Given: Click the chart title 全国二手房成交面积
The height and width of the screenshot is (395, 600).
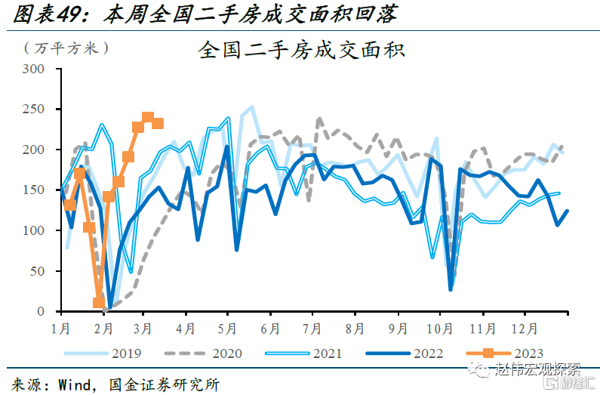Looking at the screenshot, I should click(x=302, y=51).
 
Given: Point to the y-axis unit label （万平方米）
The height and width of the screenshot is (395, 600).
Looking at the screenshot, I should click(x=67, y=48).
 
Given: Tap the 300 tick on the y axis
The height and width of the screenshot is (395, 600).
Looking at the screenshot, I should click(x=36, y=69).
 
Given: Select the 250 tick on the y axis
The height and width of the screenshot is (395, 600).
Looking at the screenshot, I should click(x=36, y=110).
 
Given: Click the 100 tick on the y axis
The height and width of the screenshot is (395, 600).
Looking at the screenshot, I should click(x=36, y=230).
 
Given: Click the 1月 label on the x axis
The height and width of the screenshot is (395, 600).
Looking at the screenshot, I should click(x=62, y=329).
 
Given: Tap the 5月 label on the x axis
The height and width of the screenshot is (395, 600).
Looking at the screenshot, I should click(x=228, y=329).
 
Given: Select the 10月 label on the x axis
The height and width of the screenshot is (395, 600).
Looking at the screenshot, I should click(x=438, y=329).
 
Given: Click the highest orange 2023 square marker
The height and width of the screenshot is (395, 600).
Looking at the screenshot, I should click(x=148, y=118).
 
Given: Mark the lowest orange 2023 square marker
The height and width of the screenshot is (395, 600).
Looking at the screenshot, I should click(x=99, y=303).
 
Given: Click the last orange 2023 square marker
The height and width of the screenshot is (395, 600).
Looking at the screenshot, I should click(x=158, y=124).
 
